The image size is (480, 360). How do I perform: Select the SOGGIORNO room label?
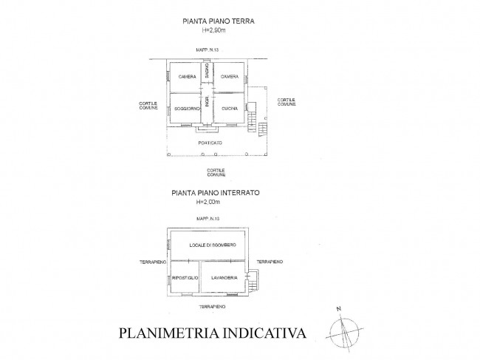[x=185, y=109]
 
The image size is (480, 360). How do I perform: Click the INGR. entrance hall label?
[x=208, y=104]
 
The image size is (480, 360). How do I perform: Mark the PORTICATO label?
[x=209, y=142]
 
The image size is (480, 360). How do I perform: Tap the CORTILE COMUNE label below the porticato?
[x=215, y=172]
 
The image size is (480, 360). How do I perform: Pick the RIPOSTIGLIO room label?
[x=184, y=279]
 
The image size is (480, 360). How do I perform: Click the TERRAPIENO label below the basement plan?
[x=211, y=305]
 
